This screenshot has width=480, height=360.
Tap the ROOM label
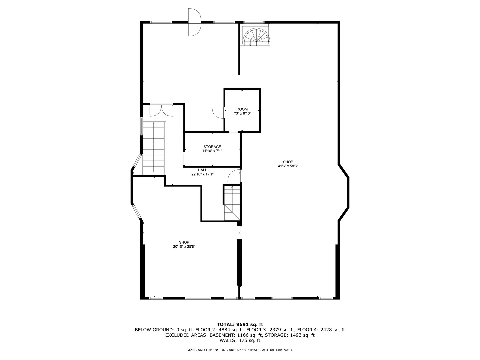point(242,109)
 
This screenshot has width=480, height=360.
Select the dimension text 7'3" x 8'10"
point(242,113)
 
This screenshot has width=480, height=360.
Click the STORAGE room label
point(212,147)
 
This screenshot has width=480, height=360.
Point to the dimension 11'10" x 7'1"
point(212,151)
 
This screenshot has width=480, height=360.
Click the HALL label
point(202,170)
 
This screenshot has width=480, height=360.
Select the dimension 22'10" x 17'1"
point(202,174)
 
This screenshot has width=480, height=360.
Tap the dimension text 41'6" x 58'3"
point(288,166)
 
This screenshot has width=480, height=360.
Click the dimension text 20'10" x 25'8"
point(184,247)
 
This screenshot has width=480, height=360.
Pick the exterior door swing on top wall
point(194,22)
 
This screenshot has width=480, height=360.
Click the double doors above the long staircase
point(162,110)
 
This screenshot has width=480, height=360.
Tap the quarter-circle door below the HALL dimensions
point(234,176)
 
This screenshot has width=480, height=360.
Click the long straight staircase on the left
point(154,147)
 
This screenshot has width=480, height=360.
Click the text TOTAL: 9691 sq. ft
point(240,324)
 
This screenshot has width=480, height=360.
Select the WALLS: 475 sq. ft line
point(240,341)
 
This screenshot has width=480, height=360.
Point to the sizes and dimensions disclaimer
point(240,350)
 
